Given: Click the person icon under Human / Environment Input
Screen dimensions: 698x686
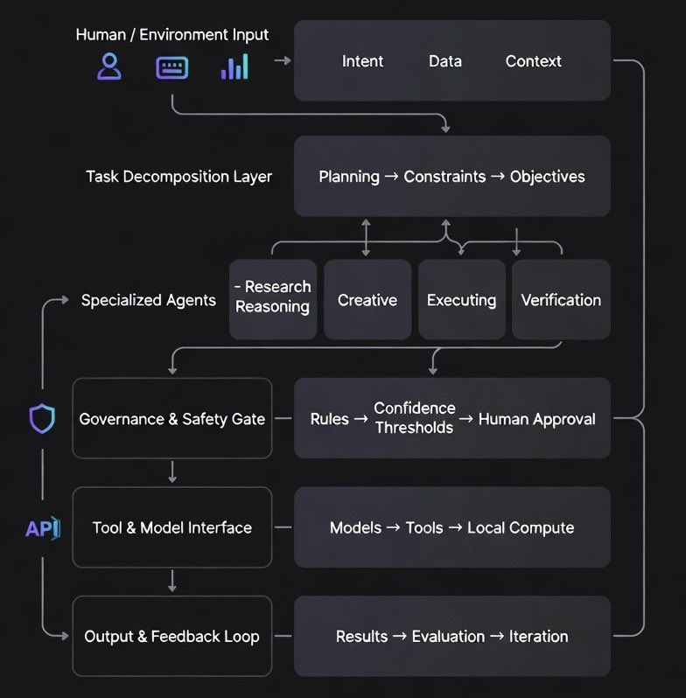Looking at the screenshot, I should click(x=109, y=67).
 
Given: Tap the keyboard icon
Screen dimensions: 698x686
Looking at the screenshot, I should click(x=171, y=67).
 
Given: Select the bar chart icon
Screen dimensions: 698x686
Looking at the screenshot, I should click(x=234, y=67).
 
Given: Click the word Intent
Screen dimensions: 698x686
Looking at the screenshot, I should click(x=362, y=61).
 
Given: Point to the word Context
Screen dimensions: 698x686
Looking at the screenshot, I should click(x=534, y=61).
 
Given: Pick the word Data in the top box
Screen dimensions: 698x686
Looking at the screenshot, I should click(x=445, y=61).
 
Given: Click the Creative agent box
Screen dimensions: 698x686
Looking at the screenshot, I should click(x=367, y=300).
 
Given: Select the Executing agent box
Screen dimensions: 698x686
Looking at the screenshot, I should click(x=462, y=300).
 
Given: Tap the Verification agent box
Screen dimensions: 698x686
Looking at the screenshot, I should click(x=561, y=300).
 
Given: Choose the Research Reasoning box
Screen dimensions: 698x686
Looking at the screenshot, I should click(x=273, y=297).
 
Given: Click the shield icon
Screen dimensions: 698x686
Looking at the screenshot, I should click(x=42, y=419).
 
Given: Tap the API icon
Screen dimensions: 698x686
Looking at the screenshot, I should click(x=42, y=528).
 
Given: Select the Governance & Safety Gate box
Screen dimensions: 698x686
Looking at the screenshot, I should click(x=172, y=419).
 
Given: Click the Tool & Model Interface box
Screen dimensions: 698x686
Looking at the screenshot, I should click(x=172, y=527).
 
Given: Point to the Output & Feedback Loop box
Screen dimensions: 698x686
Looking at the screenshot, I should click(x=172, y=636).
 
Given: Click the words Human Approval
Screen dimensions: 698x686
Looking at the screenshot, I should click(x=536, y=419).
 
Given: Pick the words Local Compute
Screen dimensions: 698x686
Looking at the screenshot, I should click(x=521, y=527).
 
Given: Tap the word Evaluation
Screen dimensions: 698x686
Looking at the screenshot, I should click(x=449, y=636).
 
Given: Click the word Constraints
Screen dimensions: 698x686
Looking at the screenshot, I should click(x=444, y=177).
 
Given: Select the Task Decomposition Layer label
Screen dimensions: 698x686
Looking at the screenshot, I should click(x=178, y=177).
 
